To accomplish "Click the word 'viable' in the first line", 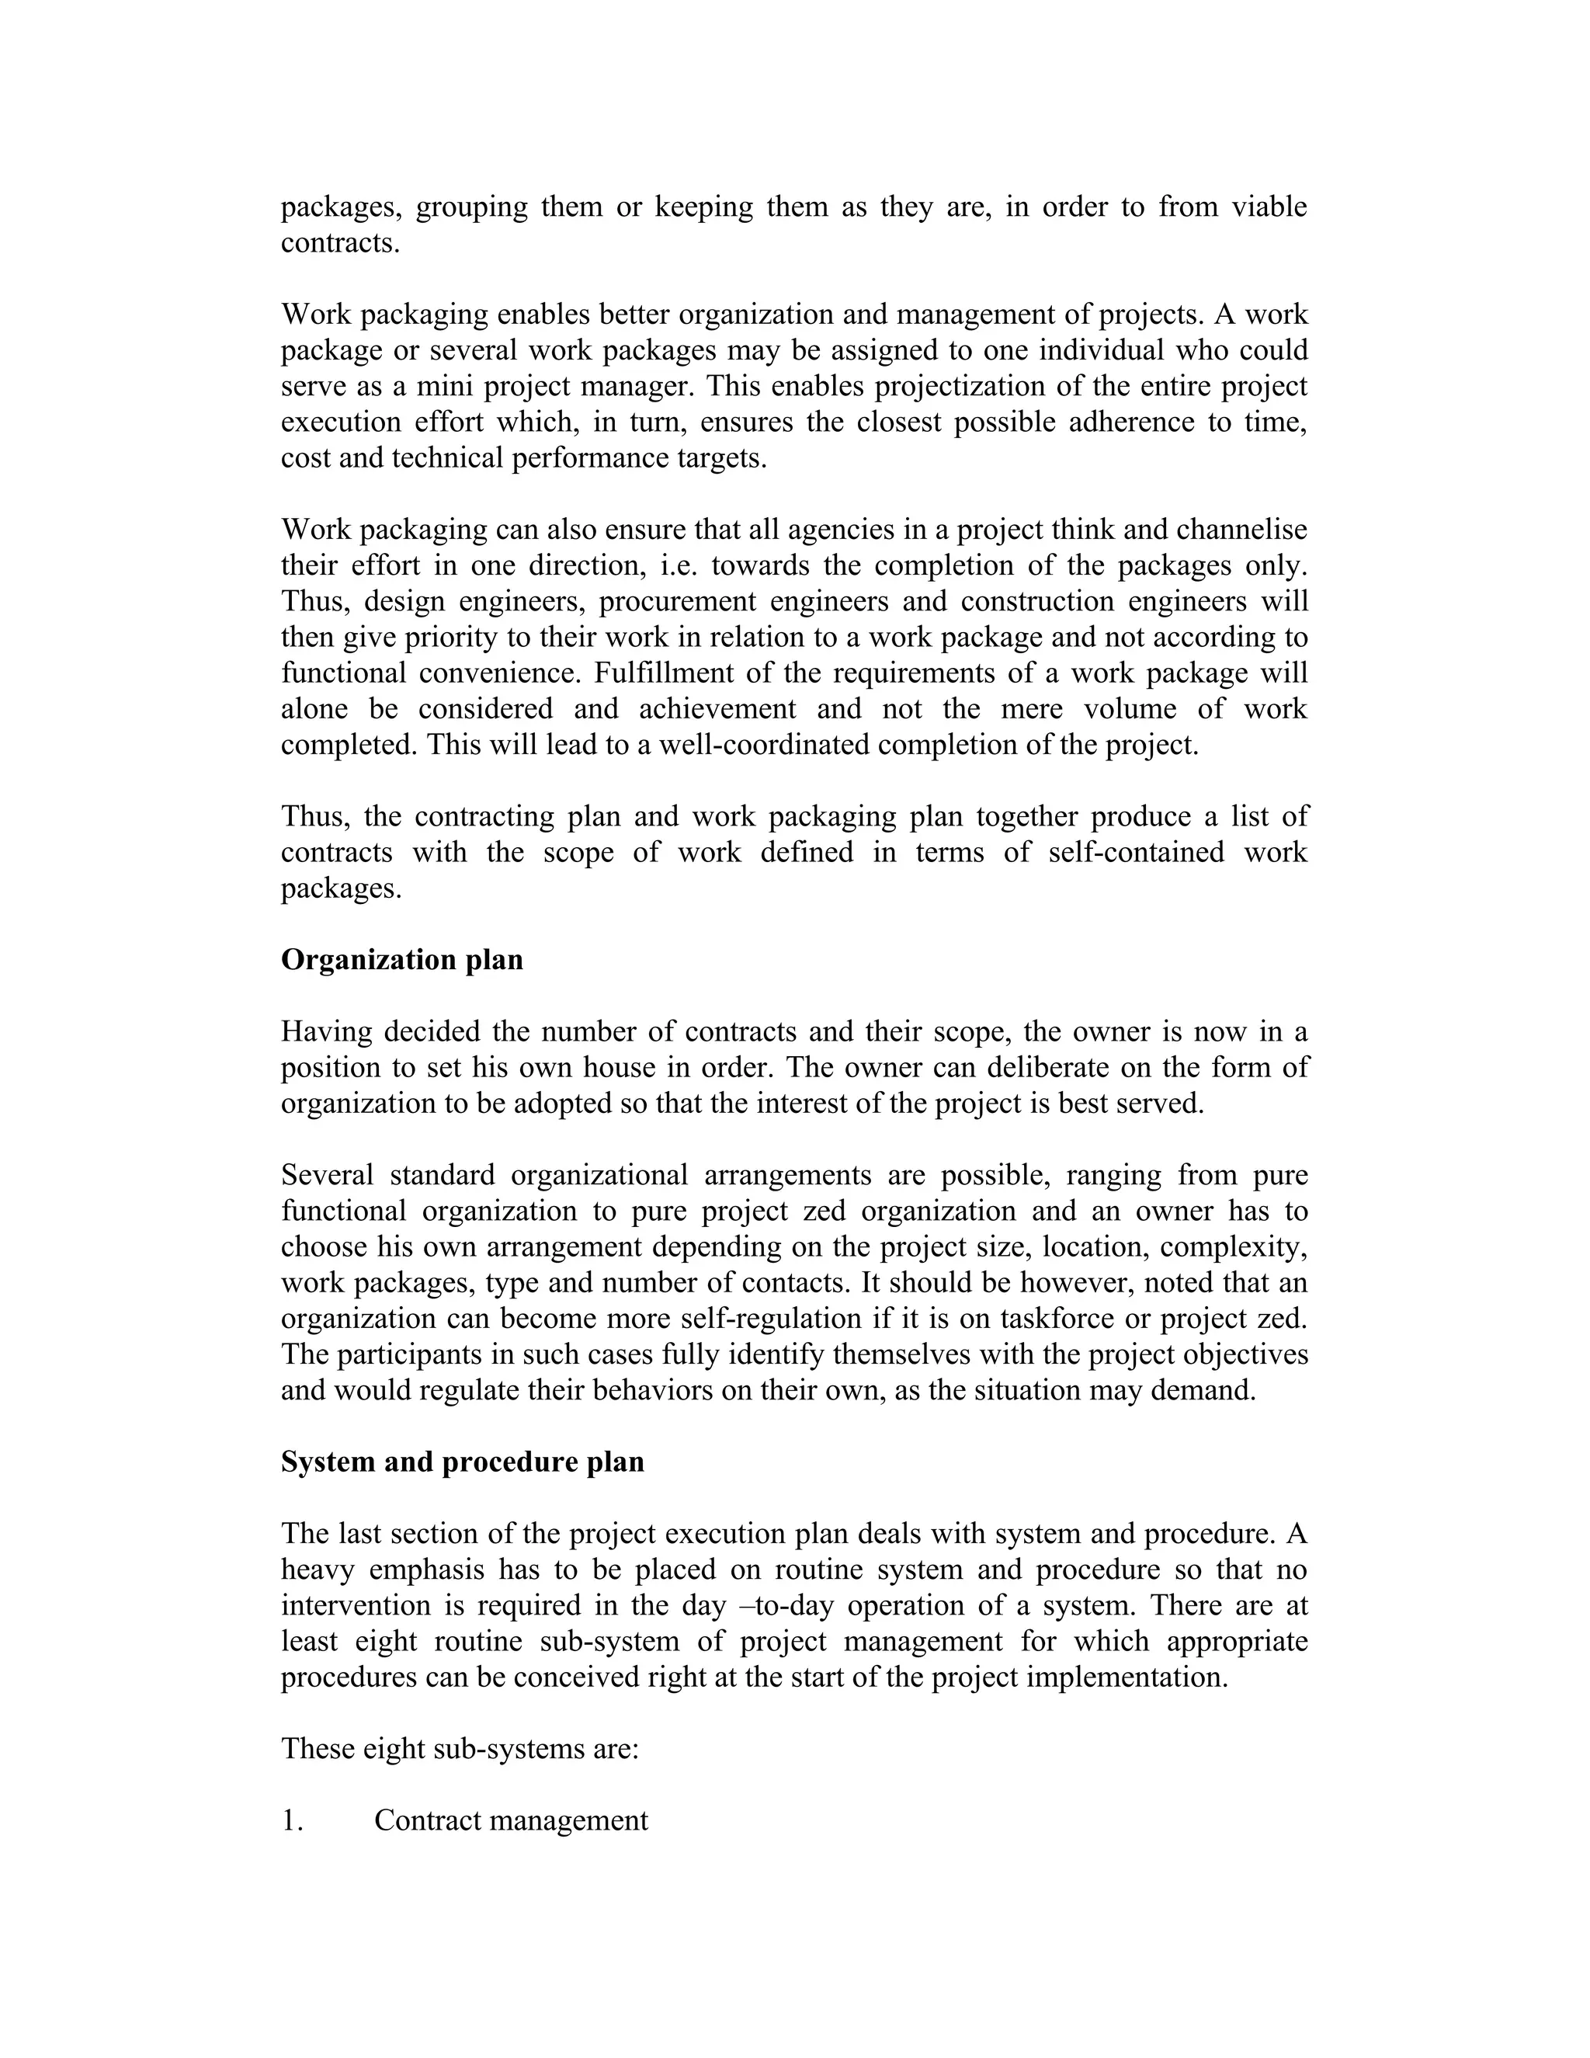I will tap(1269, 207).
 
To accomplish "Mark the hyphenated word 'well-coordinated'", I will tap(765, 745).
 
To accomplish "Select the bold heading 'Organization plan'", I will tap(402, 959).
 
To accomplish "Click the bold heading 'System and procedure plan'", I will tap(463, 1462).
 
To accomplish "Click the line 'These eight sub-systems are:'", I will tap(460, 1748).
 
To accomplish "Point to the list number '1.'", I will tap(292, 1820).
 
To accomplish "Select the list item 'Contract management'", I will tap(511, 1820).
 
